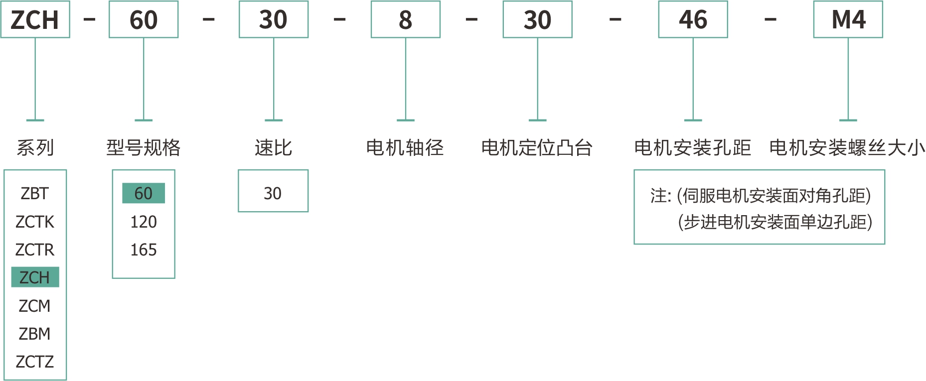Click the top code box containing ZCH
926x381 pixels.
[x=35, y=20]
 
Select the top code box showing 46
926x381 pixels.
[x=693, y=20]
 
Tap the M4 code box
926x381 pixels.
[x=848, y=20]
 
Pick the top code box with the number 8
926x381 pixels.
[x=405, y=20]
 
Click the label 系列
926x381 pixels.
[x=35, y=147]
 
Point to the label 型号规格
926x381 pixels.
[x=144, y=147]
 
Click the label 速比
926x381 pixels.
[x=273, y=147]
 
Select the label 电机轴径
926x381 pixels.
[x=405, y=147]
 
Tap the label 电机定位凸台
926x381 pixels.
[x=537, y=147]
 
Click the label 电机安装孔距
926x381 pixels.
[x=692, y=147]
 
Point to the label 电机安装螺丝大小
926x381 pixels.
[x=847, y=147]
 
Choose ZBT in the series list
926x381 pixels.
[x=35, y=193]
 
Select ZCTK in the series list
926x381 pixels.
[x=35, y=222]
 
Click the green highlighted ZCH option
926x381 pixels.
[x=35, y=277]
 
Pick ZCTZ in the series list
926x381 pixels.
[x=35, y=362]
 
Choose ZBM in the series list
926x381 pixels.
[x=35, y=334]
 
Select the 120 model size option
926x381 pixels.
[x=144, y=222]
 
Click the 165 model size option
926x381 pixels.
[x=144, y=250]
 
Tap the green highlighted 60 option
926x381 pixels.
[x=144, y=193]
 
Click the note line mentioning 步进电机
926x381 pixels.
[x=775, y=222]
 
